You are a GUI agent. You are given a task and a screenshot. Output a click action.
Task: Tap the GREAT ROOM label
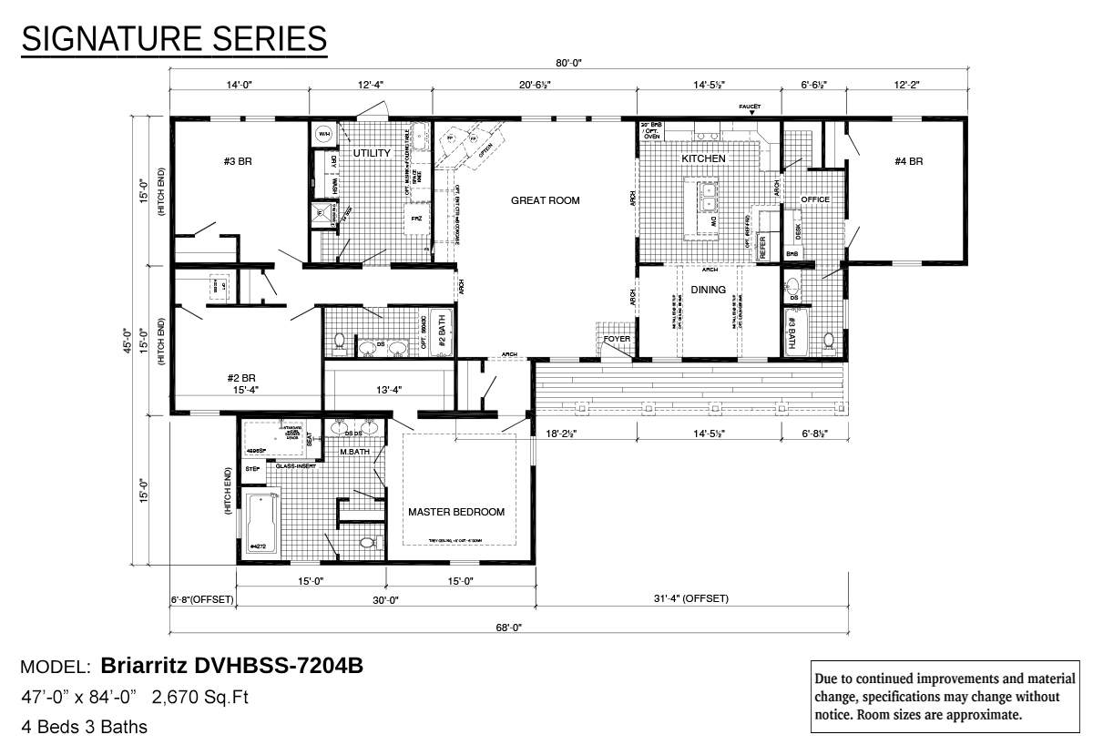pyautogui.click(x=545, y=200)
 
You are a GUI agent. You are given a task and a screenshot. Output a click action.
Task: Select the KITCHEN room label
pyautogui.click(x=704, y=158)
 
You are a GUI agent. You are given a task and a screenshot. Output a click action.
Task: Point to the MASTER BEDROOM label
pyautogui.click(x=455, y=512)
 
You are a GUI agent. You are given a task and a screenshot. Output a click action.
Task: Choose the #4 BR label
pyautogui.click(x=909, y=161)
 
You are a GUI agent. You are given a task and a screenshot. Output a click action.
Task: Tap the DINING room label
pyautogui.click(x=708, y=290)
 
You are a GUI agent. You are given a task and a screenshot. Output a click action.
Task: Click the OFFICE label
pyautogui.click(x=814, y=199)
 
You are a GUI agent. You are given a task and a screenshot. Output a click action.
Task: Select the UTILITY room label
pyautogui.click(x=372, y=153)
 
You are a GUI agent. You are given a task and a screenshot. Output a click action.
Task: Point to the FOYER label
pyautogui.click(x=617, y=340)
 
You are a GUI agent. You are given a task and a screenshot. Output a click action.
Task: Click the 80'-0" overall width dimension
pyautogui.click(x=568, y=63)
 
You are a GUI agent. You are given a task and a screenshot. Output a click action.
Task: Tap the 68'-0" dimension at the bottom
pyautogui.click(x=508, y=627)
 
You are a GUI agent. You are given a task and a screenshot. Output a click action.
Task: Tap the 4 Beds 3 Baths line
pyautogui.click(x=84, y=727)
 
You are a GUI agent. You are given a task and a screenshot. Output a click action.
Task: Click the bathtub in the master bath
pyautogui.click(x=261, y=524)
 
